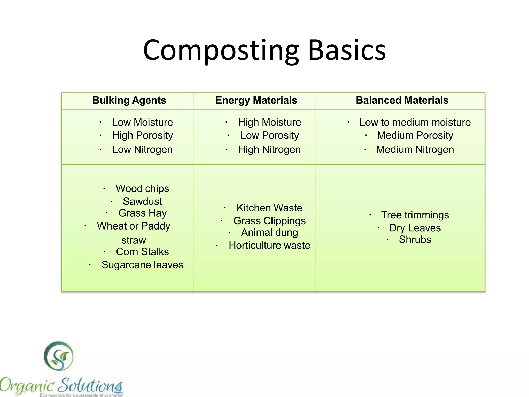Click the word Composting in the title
pos(221,50)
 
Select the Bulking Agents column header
pos(129,100)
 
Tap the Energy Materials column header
pos(256,100)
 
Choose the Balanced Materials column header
pos(402,100)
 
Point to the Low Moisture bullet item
pos(142,122)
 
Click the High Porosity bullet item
pos(142,135)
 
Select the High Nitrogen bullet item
pos(269,150)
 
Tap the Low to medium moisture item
pos(415,122)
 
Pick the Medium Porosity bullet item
pos(415,135)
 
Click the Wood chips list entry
pos(142,188)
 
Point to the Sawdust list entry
pos(142,201)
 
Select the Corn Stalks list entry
pos(142,252)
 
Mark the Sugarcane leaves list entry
pos(142,265)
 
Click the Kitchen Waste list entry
pos(269,208)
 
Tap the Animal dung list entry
pos(269,233)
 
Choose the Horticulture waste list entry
pos(269,246)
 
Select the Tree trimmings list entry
pos(415,215)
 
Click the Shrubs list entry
pos(415,240)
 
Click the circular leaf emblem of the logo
pos(59,356)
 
